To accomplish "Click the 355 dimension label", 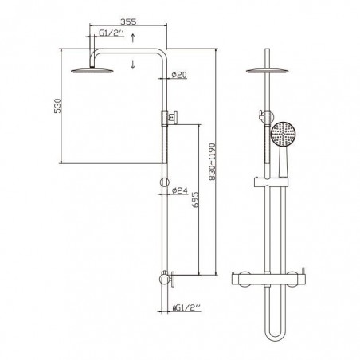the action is click(x=128, y=22).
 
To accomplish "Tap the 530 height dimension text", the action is click(x=57, y=106).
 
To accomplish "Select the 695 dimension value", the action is click(x=195, y=199).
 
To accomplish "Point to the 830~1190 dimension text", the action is click(x=213, y=162).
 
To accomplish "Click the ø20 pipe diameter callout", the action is click(x=179, y=75).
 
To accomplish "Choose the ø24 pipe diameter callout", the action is click(x=180, y=190).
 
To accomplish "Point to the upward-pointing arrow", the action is click(x=133, y=37).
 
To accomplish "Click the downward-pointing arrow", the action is click(x=133, y=64).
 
